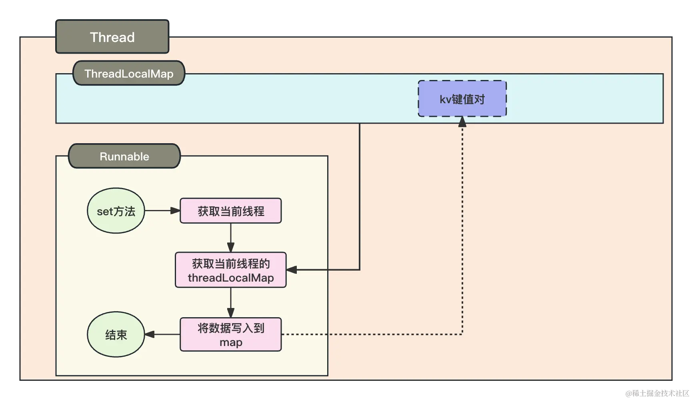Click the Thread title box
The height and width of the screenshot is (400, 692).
(112, 37)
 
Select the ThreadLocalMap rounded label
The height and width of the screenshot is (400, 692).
(129, 73)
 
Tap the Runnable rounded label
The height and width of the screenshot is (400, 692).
(124, 156)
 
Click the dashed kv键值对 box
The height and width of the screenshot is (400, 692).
(462, 99)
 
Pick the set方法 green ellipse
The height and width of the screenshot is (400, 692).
(116, 211)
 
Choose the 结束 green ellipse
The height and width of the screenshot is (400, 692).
(116, 334)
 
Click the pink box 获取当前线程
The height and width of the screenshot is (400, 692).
(231, 211)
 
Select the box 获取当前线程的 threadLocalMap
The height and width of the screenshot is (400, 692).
(231, 270)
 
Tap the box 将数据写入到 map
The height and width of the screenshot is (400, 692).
(231, 334)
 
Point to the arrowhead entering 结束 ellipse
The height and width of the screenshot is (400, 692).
(150, 334)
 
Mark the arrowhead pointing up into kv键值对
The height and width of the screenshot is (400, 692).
(462, 122)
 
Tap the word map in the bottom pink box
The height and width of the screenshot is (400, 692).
(231, 342)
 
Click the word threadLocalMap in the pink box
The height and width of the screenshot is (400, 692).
(231, 278)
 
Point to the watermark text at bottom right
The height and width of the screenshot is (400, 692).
(657, 393)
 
